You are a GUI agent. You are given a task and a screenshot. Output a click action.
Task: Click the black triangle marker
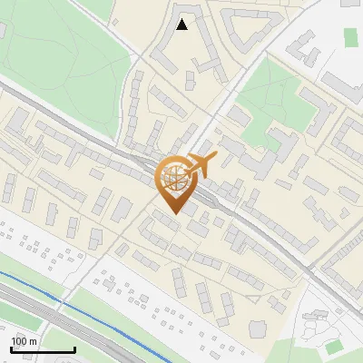pos(182,25)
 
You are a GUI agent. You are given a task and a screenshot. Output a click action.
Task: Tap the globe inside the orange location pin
pos(174,179)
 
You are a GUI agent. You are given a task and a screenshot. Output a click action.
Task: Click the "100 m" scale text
pos(25,341)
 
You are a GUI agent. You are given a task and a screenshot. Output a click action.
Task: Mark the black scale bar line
pos(43,349)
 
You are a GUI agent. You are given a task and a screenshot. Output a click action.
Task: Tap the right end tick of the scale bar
pos(74,348)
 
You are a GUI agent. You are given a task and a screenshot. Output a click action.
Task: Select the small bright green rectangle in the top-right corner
pos(351,37)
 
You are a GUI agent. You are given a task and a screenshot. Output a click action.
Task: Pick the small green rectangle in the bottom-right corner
pos(335,347)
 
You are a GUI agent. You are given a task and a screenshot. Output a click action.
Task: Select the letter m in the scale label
pos(34,341)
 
